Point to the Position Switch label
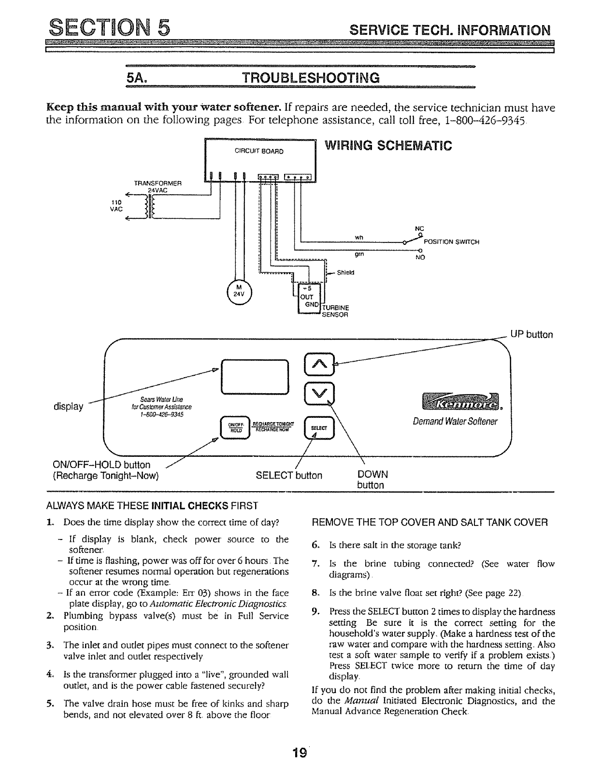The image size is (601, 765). pos(451,242)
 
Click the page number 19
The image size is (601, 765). pos(300,753)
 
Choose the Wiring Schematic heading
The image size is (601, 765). pos(388,145)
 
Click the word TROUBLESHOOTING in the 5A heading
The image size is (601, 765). pos(311,78)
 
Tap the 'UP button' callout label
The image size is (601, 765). pos(531,335)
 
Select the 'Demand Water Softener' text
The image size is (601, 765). pos(455,422)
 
